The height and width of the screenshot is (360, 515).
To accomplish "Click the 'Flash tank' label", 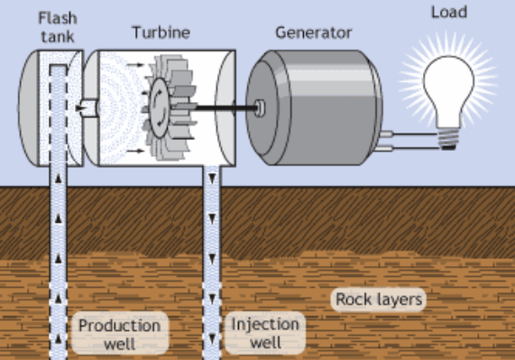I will click(55, 24).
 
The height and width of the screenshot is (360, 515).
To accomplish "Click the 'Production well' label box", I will click(118, 333).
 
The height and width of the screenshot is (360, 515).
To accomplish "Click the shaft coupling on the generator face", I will click(260, 107).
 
